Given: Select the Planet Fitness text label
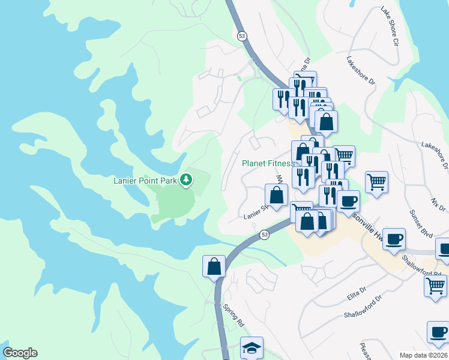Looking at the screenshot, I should coord(268,163).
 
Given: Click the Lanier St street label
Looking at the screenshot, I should coord(255,214).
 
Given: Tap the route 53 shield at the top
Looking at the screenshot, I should coord(241,36).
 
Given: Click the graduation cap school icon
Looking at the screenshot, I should coord(252,346).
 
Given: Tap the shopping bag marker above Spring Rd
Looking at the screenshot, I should coord(214,266).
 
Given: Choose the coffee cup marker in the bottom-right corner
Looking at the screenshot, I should coord(438,331).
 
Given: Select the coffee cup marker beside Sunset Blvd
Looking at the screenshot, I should coord(393,239).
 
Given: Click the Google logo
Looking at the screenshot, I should coord(20,353).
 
